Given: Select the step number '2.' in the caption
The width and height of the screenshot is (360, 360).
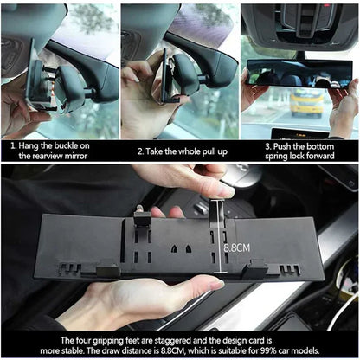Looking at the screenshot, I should click(140, 151).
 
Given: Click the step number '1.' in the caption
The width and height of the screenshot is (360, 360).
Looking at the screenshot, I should click(13, 146).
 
